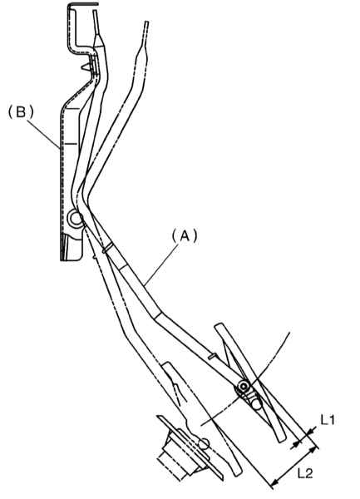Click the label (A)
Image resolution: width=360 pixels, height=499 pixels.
coord(185,237)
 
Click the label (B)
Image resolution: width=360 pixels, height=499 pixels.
coord(21,112)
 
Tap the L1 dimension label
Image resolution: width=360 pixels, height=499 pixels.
coord(328,420)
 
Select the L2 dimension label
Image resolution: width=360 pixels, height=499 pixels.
coord(305,473)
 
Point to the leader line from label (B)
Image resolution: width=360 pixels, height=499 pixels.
coord(44,134)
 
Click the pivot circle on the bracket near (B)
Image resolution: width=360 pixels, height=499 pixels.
coord(76,219)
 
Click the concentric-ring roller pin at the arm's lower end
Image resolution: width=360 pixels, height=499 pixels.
coord(244,387)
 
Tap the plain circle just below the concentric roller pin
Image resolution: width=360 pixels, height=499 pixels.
coord(257,404)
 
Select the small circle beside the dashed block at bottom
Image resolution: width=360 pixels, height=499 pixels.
coord(204,444)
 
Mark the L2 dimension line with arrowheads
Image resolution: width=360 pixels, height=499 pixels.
coord(294,467)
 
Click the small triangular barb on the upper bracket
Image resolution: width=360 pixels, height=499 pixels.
coord(85,67)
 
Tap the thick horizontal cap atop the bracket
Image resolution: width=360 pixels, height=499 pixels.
coord(83,4)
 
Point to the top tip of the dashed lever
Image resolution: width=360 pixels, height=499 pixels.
coord(146,22)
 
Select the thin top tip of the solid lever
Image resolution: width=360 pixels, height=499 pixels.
coord(95,12)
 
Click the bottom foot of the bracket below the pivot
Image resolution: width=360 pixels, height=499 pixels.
coord(72,248)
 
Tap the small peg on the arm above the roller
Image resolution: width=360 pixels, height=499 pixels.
coord(211,358)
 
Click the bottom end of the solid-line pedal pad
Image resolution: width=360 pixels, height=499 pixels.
coord(282,441)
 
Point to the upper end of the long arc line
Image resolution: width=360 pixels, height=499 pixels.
coord(289,333)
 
